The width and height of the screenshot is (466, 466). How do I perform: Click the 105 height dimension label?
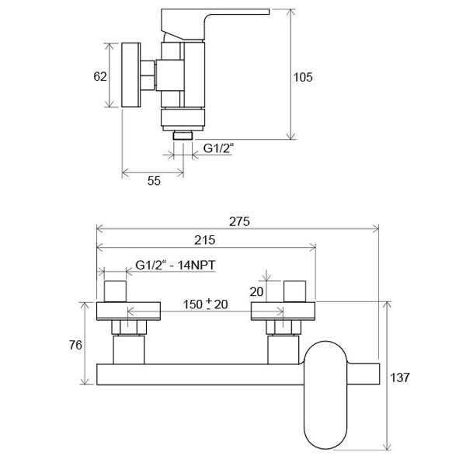pos(303,77)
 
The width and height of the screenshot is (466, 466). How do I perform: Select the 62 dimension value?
pos(100,76)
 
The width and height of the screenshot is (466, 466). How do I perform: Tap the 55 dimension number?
pos(154,181)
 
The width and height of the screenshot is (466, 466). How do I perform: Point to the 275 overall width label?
pos(239,221)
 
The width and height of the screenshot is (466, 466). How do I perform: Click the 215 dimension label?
pos(205,240)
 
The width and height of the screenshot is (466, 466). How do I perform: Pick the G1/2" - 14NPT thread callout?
pos(175,265)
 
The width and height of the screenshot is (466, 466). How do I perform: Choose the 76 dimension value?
pos(75,345)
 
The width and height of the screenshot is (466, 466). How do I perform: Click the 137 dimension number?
pos(400,377)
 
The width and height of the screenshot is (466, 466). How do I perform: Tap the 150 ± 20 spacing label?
pos(205,304)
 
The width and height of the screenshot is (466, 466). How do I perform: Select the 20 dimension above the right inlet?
pos(256,292)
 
